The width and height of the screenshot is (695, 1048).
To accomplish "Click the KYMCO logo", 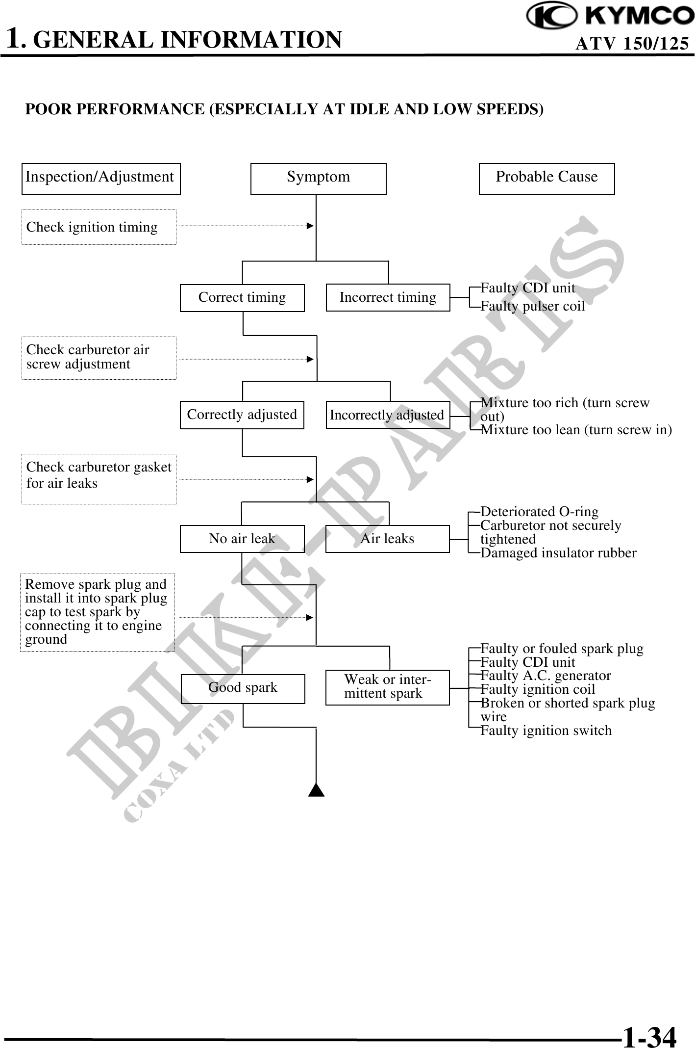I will (x=610, y=16).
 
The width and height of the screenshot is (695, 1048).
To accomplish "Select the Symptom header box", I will (x=318, y=178).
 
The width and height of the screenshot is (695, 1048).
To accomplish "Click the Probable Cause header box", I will (x=546, y=178).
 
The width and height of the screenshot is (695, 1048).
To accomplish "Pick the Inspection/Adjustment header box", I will (x=101, y=178).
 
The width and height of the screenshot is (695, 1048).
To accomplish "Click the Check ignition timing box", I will (x=99, y=227).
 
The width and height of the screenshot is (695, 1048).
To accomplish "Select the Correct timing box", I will (x=242, y=297).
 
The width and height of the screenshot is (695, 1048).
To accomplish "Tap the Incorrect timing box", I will (x=388, y=297).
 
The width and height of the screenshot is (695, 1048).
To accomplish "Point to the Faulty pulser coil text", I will (x=532, y=306).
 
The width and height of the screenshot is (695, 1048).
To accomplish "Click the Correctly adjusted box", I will (x=242, y=415).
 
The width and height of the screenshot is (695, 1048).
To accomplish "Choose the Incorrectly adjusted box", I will (x=387, y=415).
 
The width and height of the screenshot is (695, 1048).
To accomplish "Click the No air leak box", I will (x=242, y=539).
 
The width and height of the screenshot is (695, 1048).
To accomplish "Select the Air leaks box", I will (x=387, y=539).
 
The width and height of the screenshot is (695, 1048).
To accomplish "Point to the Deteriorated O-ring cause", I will (x=539, y=512).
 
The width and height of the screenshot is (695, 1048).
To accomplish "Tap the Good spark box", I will (x=243, y=687).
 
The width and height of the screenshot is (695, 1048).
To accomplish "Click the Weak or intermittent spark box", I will (x=387, y=687).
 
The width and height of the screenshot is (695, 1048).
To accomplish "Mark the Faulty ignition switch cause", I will (x=546, y=731).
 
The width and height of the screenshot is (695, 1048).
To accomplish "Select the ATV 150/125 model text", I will (x=632, y=44).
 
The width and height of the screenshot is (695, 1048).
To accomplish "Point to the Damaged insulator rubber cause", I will (x=558, y=553).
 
